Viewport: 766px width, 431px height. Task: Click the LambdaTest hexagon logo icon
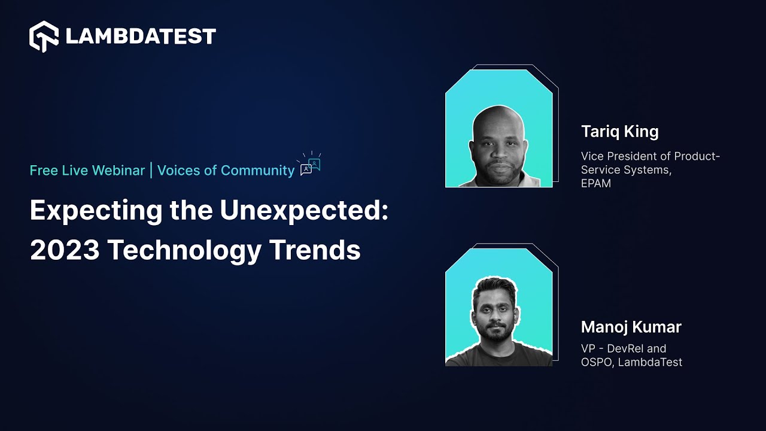tap(44, 37)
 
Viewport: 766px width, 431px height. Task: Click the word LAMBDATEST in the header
tap(141, 37)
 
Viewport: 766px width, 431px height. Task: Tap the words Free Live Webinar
tap(87, 171)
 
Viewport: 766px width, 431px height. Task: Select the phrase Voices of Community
tap(226, 171)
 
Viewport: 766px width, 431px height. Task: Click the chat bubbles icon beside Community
tap(309, 164)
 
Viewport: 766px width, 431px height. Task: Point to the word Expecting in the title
tap(96, 210)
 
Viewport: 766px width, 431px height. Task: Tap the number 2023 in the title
tap(65, 250)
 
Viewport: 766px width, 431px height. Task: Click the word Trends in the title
tap(315, 250)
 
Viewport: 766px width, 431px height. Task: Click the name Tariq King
tap(620, 132)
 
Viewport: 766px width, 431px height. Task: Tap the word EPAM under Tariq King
tap(595, 183)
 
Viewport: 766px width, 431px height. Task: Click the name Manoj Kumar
tap(631, 327)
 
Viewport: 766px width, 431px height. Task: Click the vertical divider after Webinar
tap(151, 171)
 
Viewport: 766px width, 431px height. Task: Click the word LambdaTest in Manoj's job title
tap(650, 362)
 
